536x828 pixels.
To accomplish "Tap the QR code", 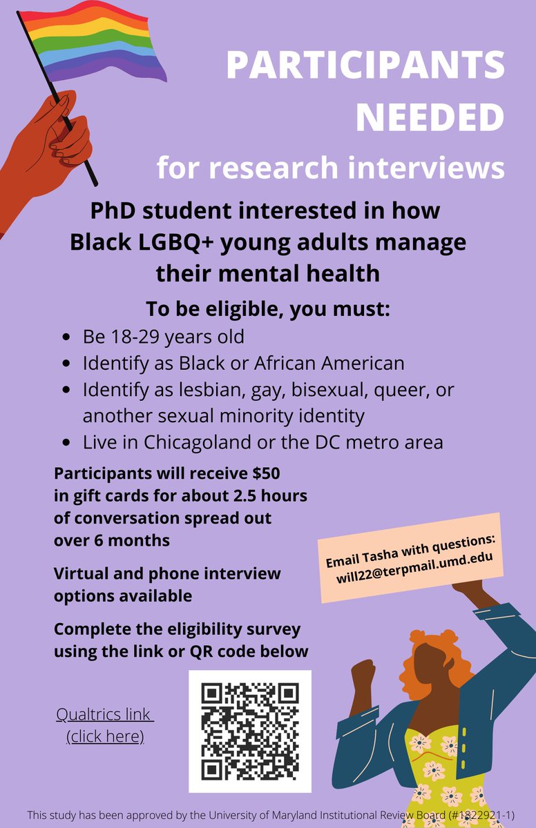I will click(x=250, y=731).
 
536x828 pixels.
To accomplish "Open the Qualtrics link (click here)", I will click(x=105, y=725).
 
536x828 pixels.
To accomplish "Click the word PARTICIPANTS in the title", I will click(x=365, y=66).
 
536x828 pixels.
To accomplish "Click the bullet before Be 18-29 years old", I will click(x=66, y=339).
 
